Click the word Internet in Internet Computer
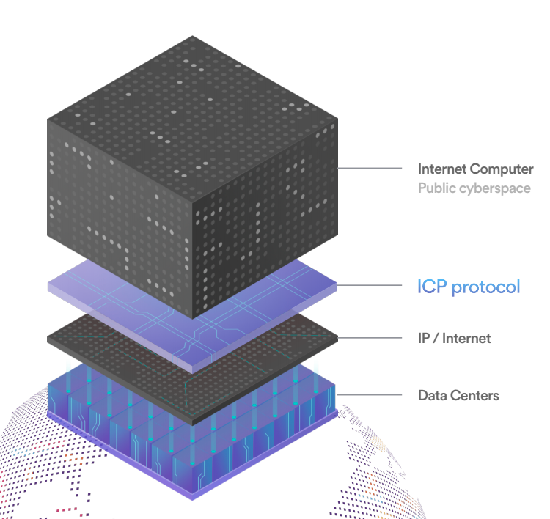[442, 169]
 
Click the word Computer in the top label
[502, 170]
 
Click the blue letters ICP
[432, 287]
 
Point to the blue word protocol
[485, 287]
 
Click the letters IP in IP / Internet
[424, 339]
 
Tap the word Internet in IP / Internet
[466, 339]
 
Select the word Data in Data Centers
[432, 396]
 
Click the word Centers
[474, 396]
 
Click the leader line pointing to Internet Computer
[370, 169]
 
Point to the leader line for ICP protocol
[370, 285]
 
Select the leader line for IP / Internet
[370, 338]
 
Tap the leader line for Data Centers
[370, 395]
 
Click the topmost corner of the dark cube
[192, 36]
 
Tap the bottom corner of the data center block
[192, 500]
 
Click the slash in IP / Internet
[436, 339]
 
